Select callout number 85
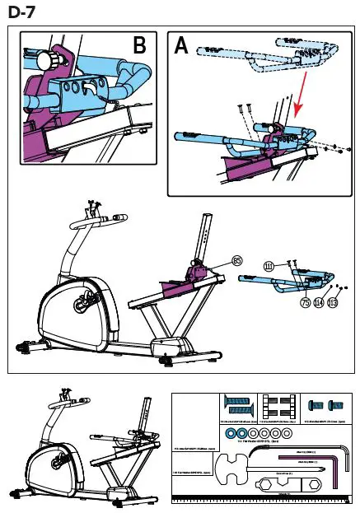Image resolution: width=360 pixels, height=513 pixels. coord(237,261)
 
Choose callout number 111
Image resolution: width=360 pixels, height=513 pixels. coord(269,265)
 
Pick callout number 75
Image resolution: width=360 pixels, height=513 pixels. coord(306,301)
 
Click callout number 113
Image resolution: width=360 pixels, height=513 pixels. coord(333,302)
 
